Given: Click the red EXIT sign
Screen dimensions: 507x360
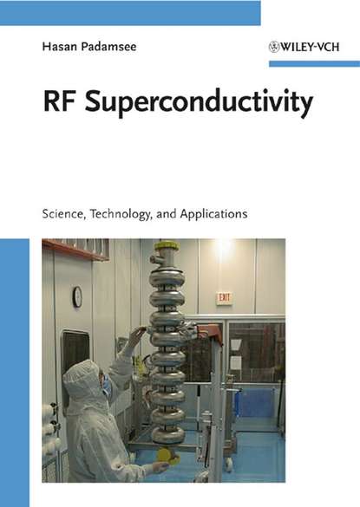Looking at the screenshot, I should point(224,297).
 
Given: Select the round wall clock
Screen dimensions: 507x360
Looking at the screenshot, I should point(77,296).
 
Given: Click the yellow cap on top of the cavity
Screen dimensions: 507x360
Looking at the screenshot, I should point(166,246).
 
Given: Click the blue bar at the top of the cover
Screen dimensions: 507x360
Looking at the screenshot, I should point(130,12).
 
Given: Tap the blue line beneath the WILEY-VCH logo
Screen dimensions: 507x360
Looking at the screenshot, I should point(313,63).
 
